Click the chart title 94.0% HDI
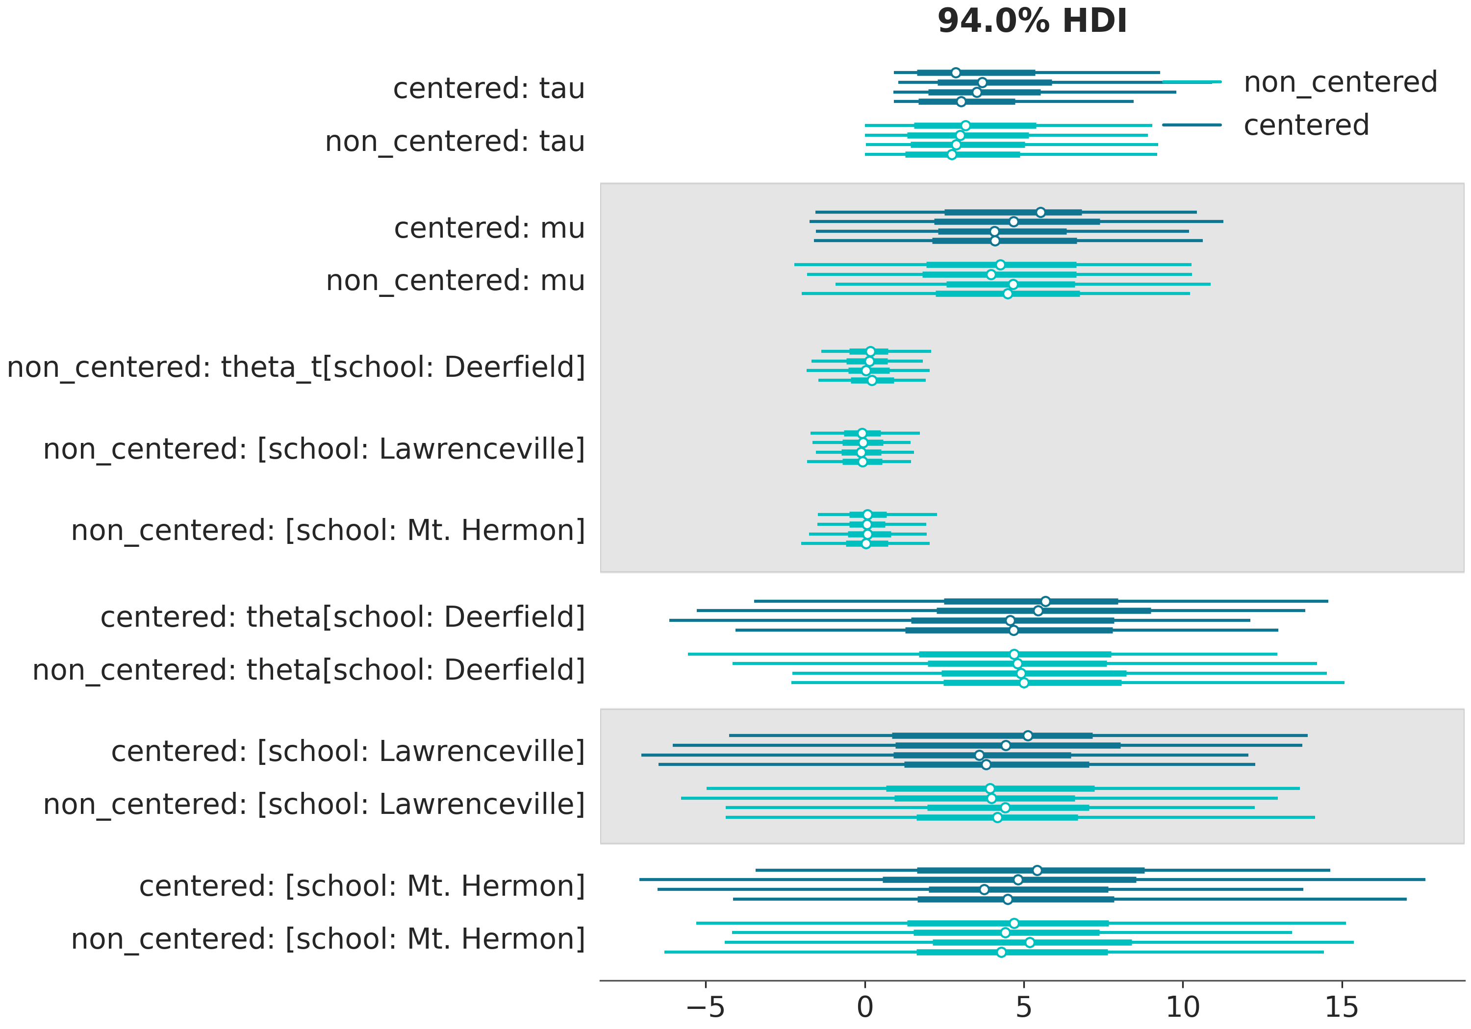1032,21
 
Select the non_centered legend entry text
1340,82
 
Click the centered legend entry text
1306,125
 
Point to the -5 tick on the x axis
706,1007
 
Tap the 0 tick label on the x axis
865,1007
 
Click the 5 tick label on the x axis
1024,1007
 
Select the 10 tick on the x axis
1183,1007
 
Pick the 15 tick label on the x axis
1342,1007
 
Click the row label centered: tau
489,88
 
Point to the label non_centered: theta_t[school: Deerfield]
296,367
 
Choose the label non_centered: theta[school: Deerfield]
309,670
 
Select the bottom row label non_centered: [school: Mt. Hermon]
328,939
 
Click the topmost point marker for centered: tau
956,73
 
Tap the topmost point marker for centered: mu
1040,212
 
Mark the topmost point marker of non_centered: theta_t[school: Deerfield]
870,351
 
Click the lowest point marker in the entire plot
1001,952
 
